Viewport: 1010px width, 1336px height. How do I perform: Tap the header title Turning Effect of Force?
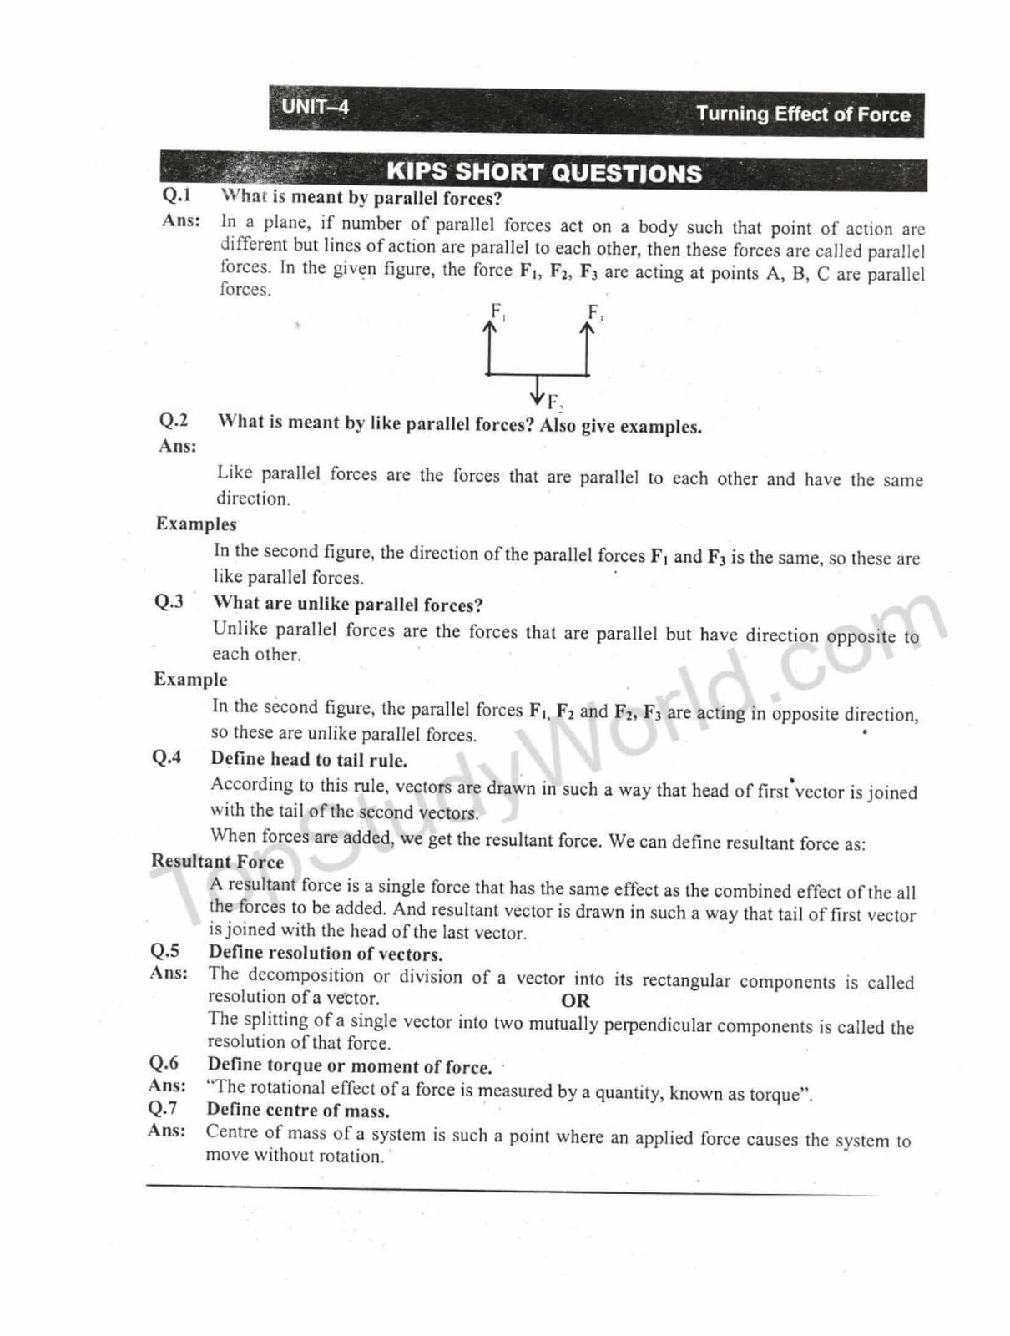coord(802,114)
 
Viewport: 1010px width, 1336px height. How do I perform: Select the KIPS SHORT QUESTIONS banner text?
coord(543,173)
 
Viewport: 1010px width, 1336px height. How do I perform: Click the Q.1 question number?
coord(176,195)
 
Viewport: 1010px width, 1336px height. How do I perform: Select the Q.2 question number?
coord(174,420)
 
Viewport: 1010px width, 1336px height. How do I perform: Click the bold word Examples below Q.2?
coord(196,524)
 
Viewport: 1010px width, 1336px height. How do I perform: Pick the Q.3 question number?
coord(169,602)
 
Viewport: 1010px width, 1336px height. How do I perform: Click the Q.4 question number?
coord(167,757)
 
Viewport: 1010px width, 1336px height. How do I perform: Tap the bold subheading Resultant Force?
coord(217,862)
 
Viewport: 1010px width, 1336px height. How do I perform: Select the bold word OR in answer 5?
coord(576,1000)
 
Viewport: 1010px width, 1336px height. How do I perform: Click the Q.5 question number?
coord(164,951)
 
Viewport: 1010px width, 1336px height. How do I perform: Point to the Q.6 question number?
coord(164,1063)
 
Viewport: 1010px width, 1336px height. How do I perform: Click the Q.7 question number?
coord(163,1109)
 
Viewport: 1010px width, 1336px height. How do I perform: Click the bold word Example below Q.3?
coord(190,680)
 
